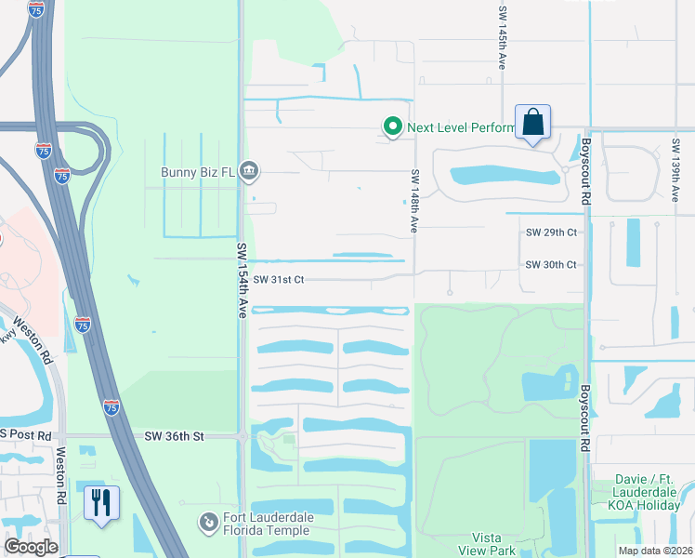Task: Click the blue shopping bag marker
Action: pyautogui.click(x=532, y=123)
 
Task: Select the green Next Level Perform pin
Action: pyautogui.click(x=393, y=127)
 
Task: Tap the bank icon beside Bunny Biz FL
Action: pyautogui.click(x=249, y=171)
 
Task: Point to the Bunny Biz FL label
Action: pyautogui.click(x=197, y=172)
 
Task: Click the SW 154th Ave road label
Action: pyautogui.click(x=241, y=280)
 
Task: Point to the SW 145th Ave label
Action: pyautogui.click(x=502, y=38)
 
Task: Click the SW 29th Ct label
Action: pyautogui.click(x=551, y=232)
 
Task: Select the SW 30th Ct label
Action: pyautogui.click(x=551, y=265)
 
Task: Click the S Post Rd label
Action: pyautogui.click(x=26, y=435)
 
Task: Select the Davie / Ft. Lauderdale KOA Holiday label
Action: pyautogui.click(x=649, y=493)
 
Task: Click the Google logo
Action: pyautogui.click(x=32, y=547)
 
